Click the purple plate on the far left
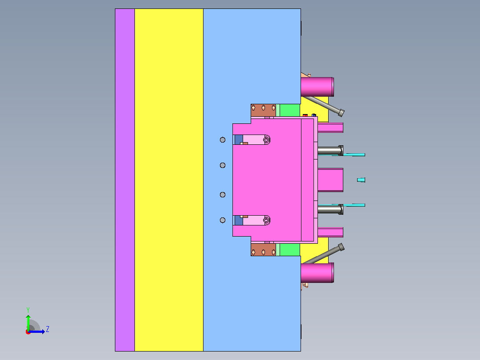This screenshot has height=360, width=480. coord(125,180)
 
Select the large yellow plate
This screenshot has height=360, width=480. coord(169,180)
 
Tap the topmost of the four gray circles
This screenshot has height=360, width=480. coord(223,140)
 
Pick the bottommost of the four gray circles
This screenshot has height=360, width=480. coord(223,220)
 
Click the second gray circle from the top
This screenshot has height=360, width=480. coord(223,165)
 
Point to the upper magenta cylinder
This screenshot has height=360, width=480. coord(317,87)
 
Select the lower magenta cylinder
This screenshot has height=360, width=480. coord(317,272)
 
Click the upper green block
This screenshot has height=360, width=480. coord(289,110)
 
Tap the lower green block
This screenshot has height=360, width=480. coord(289,250)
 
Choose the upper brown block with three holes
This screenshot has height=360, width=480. coord(263,110)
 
